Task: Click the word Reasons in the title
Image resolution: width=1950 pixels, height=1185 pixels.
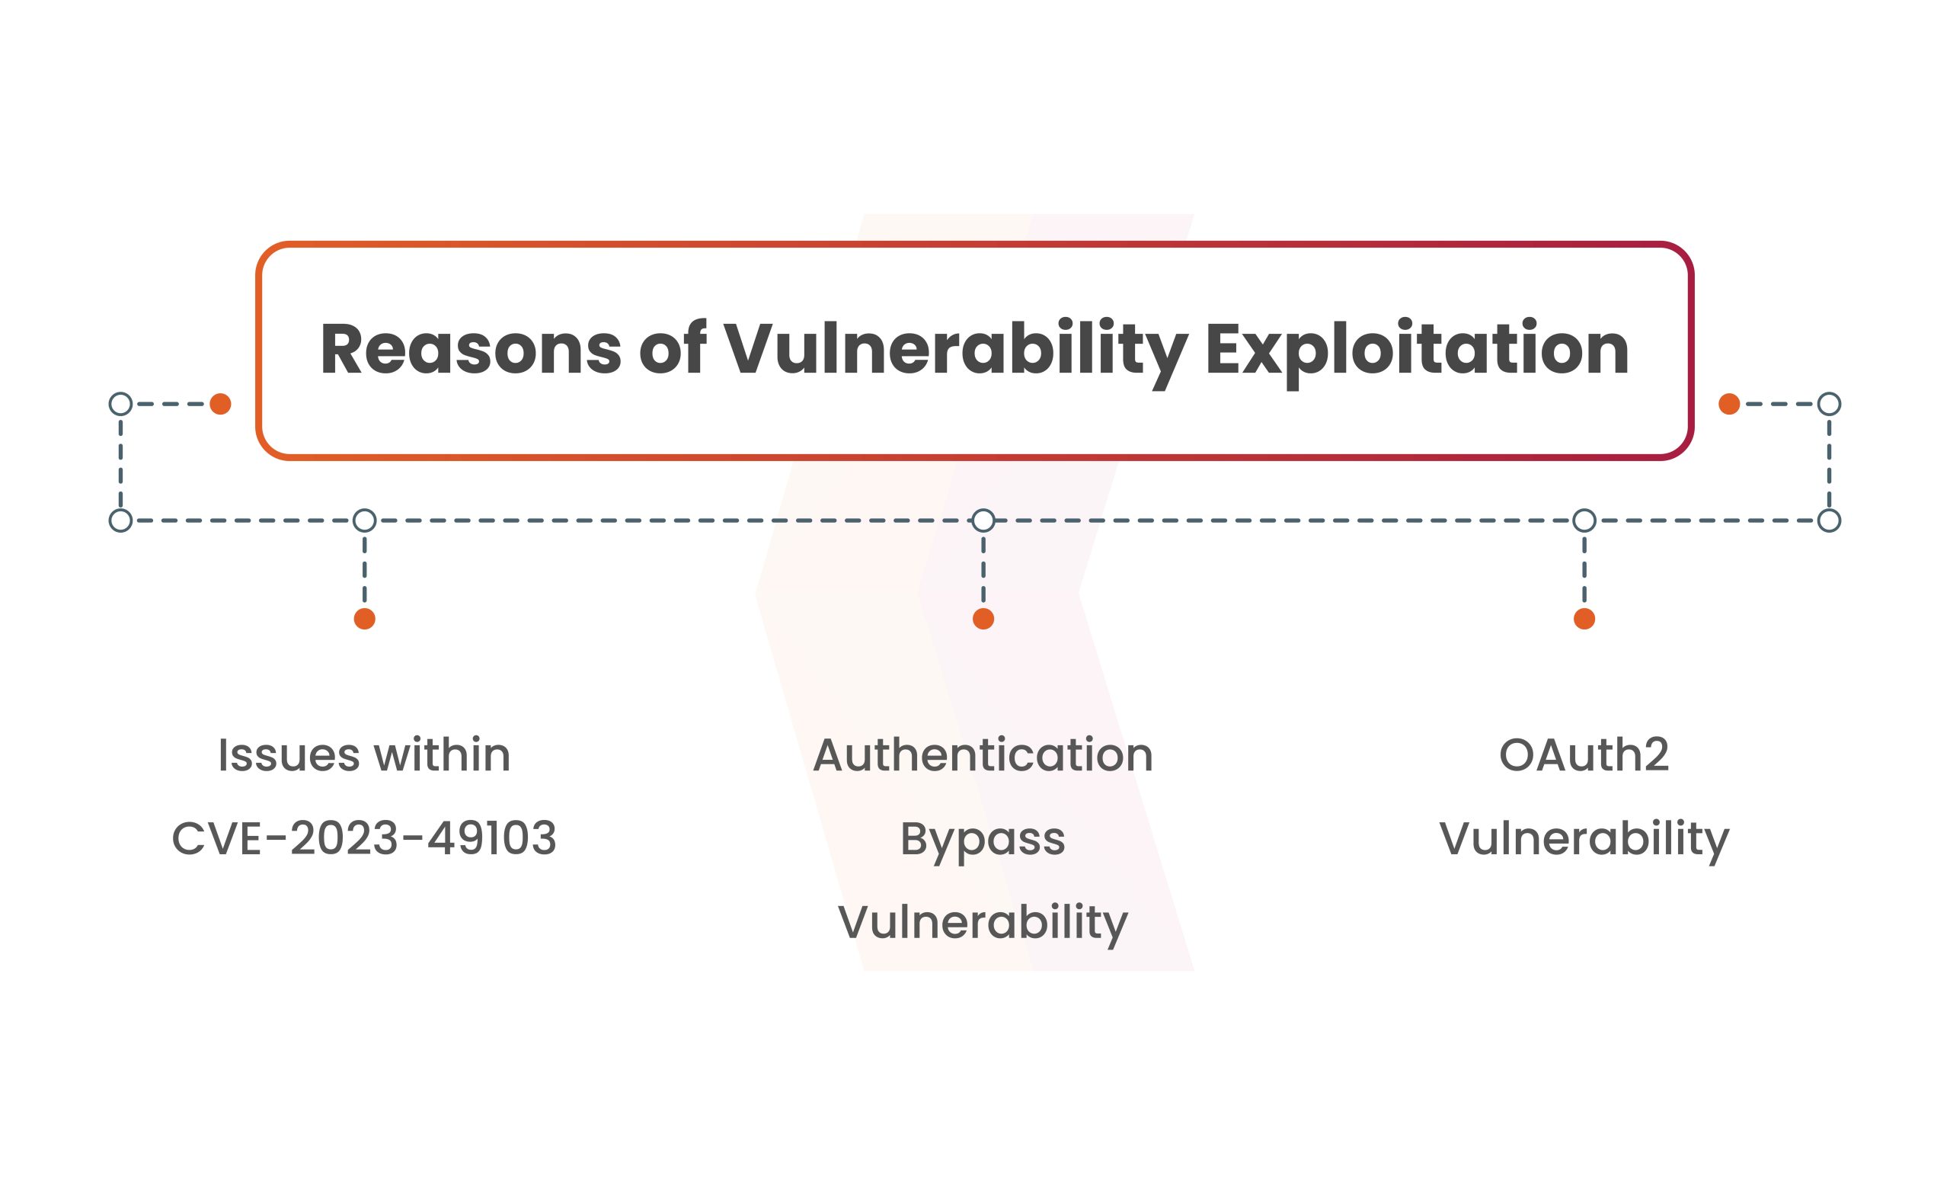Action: click(471, 349)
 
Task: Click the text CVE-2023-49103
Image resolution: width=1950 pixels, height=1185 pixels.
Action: click(364, 838)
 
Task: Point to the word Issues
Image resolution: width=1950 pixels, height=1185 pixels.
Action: click(289, 754)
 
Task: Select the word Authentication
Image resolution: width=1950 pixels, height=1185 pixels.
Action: click(983, 754)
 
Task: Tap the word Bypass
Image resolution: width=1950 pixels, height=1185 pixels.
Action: click(983, 841)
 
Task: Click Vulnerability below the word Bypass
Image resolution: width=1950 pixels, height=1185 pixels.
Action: click(983, 924)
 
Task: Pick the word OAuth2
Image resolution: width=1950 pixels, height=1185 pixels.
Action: click(1584, 754)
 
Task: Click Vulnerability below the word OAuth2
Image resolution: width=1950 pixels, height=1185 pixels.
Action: click(1584, 841)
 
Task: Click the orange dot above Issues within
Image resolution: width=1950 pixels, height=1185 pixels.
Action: click(364, 619)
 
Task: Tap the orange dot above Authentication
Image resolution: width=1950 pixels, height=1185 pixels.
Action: click(983, 619)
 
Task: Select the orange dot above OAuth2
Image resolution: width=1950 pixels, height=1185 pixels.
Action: click(1584, 619)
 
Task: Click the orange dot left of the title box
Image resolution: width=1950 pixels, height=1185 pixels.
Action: click(220, 404)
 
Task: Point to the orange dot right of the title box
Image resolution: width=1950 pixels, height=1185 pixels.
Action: click(1729, 404)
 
